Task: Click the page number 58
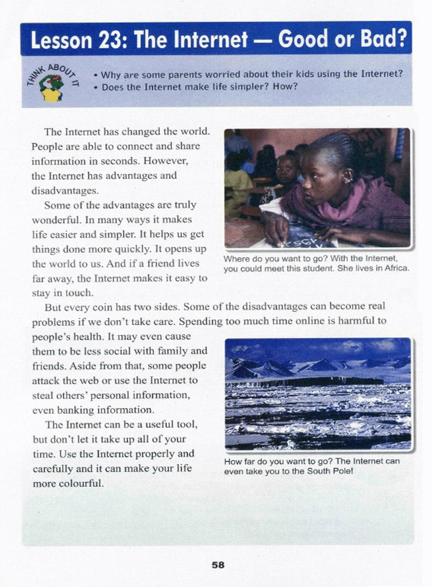point(218,565)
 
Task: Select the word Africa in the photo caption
point(396,268)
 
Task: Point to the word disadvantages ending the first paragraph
point(65,190)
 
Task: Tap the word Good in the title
point(303,39)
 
